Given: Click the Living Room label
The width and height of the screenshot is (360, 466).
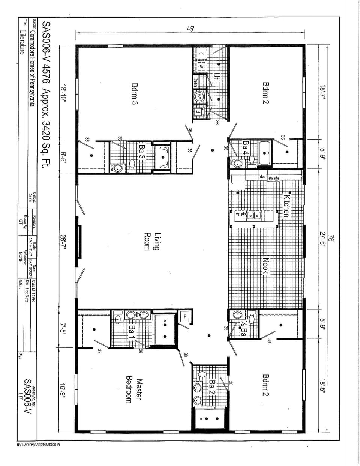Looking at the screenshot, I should tap(152, 242).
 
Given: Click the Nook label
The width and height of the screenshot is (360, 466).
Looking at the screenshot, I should tap(266, 266).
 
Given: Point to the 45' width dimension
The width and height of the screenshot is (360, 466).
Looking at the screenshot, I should tap(190, 29).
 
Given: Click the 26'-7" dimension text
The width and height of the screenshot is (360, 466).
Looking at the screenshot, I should tap(63, 242).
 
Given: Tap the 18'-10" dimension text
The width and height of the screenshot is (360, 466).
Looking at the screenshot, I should tap(63, 95).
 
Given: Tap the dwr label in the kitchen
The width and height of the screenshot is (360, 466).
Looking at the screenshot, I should tap(262, 176).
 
